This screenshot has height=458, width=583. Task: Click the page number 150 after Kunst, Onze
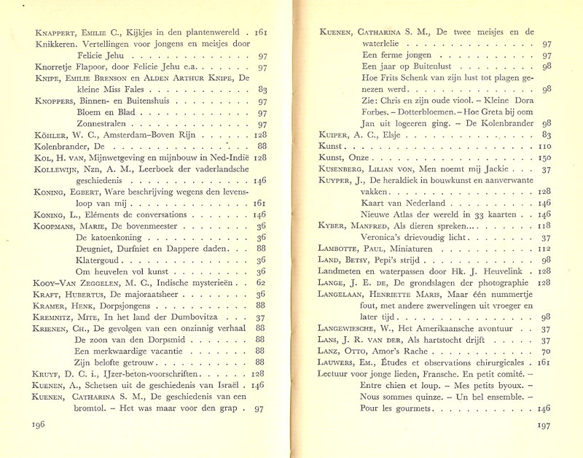(545, 158)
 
